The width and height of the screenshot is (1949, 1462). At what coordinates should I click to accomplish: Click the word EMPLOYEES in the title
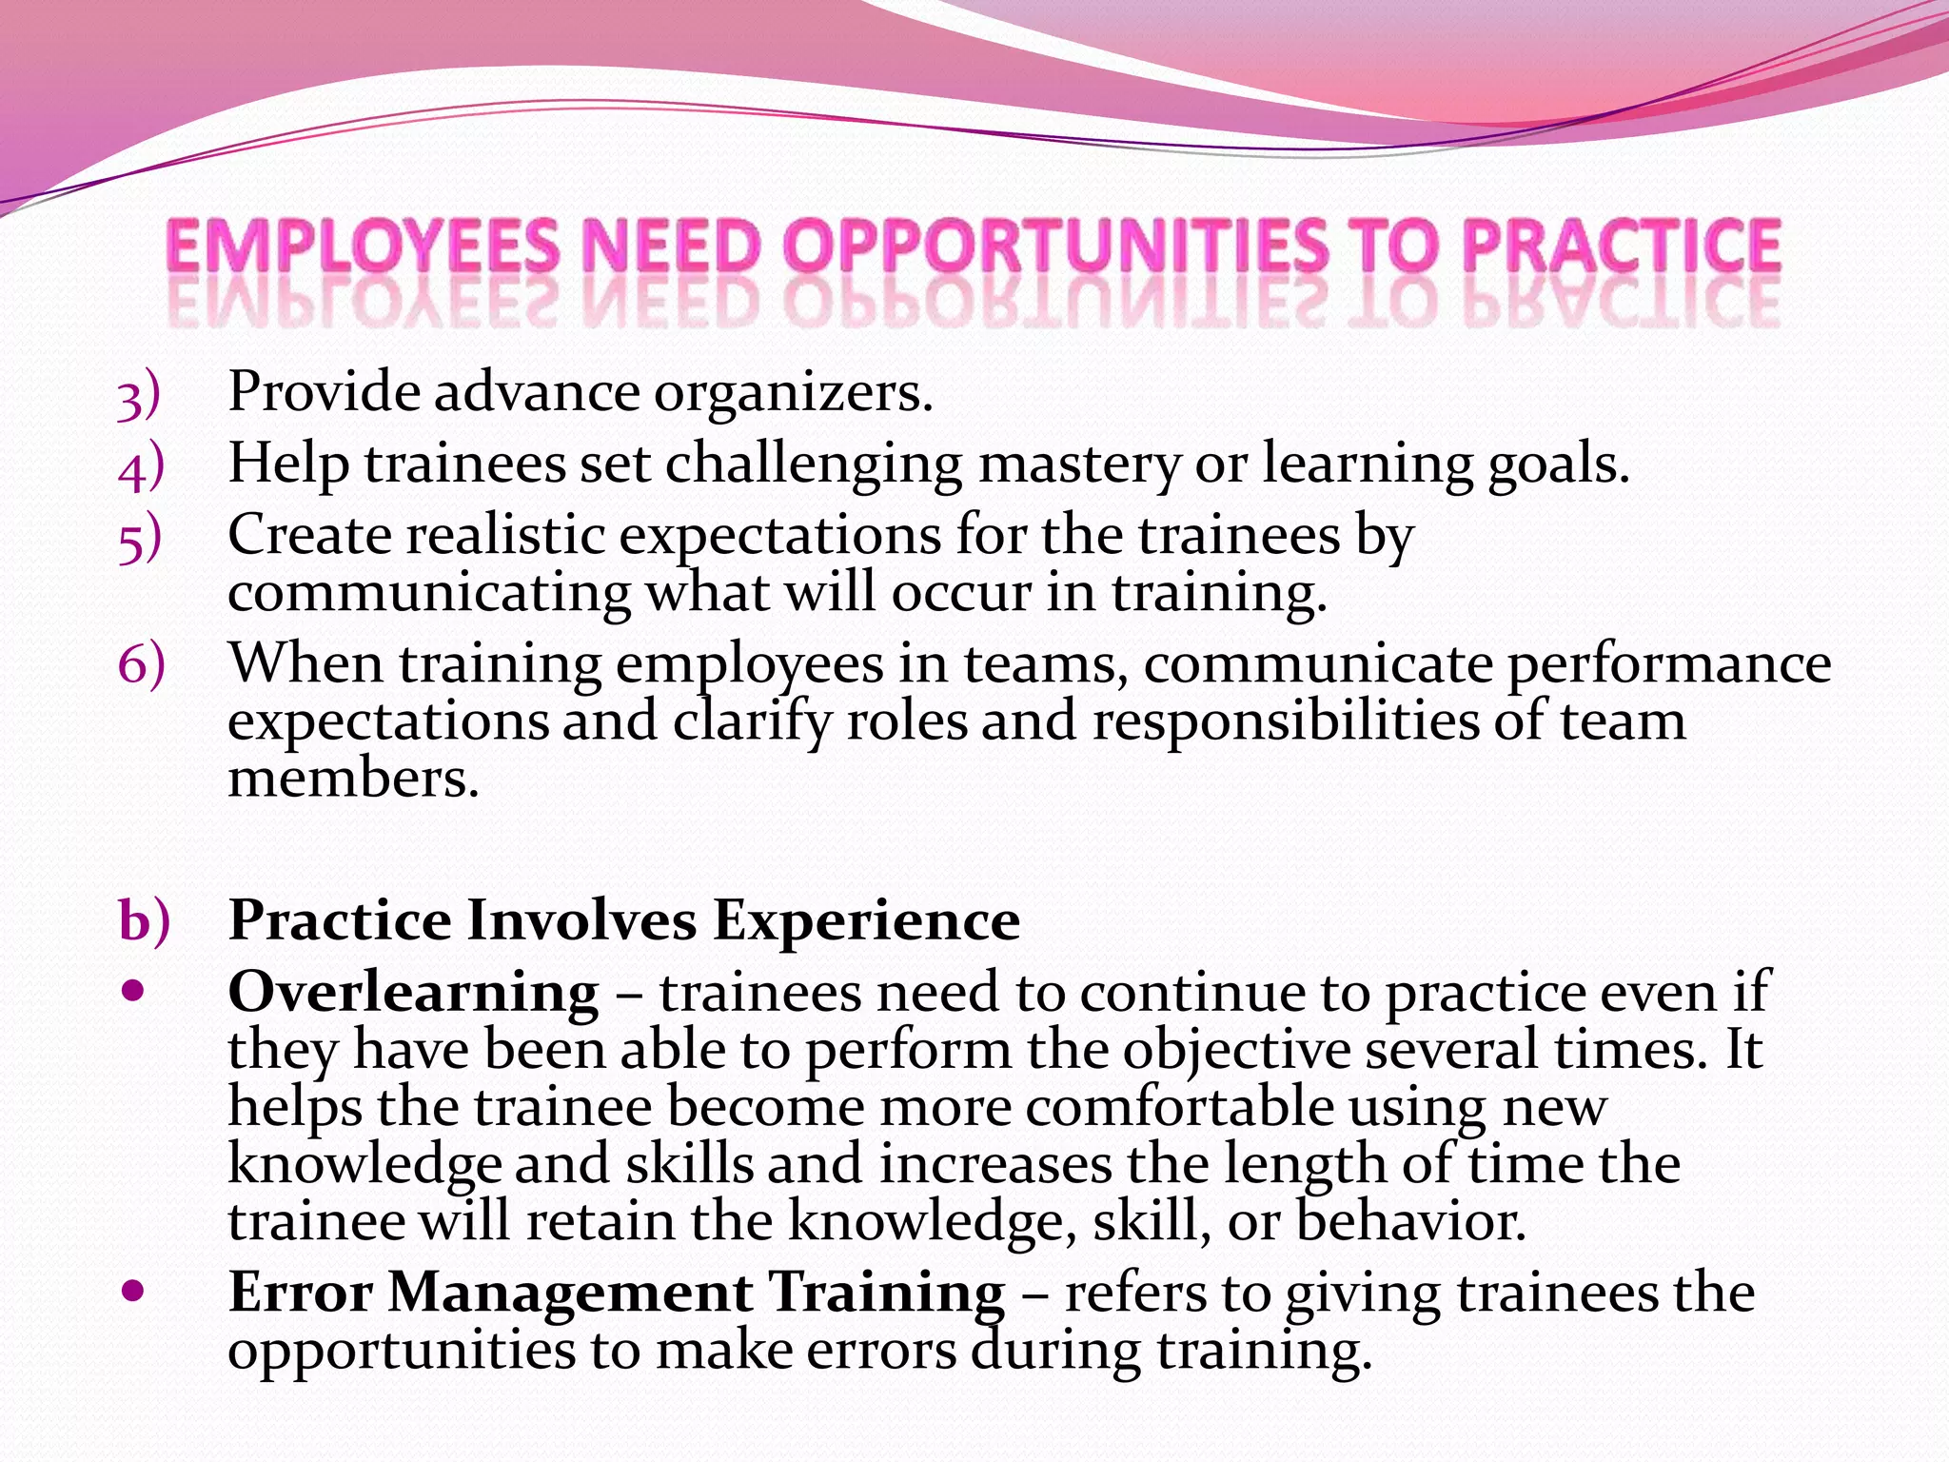tap(363, 247)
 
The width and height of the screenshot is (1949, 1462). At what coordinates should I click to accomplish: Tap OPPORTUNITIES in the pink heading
tap(1055, 247)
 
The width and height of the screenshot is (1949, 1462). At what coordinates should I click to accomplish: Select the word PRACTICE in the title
tap(1621, 247)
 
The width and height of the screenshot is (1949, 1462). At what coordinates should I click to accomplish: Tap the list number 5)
tap(140, 539)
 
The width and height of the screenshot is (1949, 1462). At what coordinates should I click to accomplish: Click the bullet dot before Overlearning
tap(133, 992)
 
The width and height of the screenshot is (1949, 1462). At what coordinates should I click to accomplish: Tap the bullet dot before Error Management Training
tap(133, 1292)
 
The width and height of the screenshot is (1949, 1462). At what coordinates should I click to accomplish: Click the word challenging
tap(814, 466)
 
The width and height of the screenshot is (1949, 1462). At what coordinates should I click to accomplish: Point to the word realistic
tap(506, 535)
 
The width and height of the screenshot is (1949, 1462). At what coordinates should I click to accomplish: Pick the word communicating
tap(428, 594)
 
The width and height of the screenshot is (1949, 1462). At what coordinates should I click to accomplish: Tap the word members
tap(353, 779)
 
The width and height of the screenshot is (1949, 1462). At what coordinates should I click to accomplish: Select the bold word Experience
tap(866, 921)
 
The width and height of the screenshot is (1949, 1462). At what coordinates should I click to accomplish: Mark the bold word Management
tap(570, 1294)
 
